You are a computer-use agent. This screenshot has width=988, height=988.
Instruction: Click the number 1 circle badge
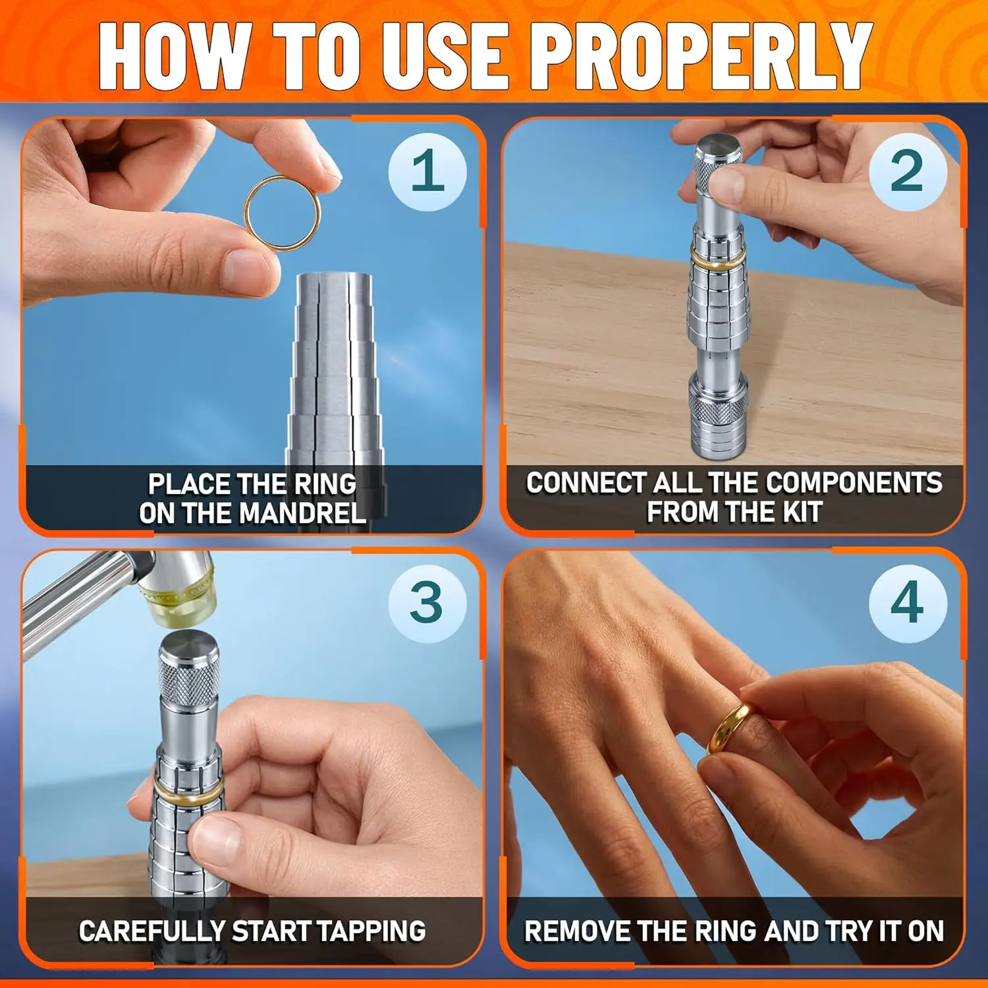tap(427, 171)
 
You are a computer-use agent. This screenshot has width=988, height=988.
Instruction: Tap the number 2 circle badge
tap(908, 171)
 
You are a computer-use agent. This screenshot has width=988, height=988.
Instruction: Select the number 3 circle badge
tap(427, 603)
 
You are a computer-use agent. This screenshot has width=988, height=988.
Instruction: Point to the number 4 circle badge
tap(908, 603)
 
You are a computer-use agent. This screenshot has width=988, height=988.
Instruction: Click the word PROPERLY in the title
tap(703, 56)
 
